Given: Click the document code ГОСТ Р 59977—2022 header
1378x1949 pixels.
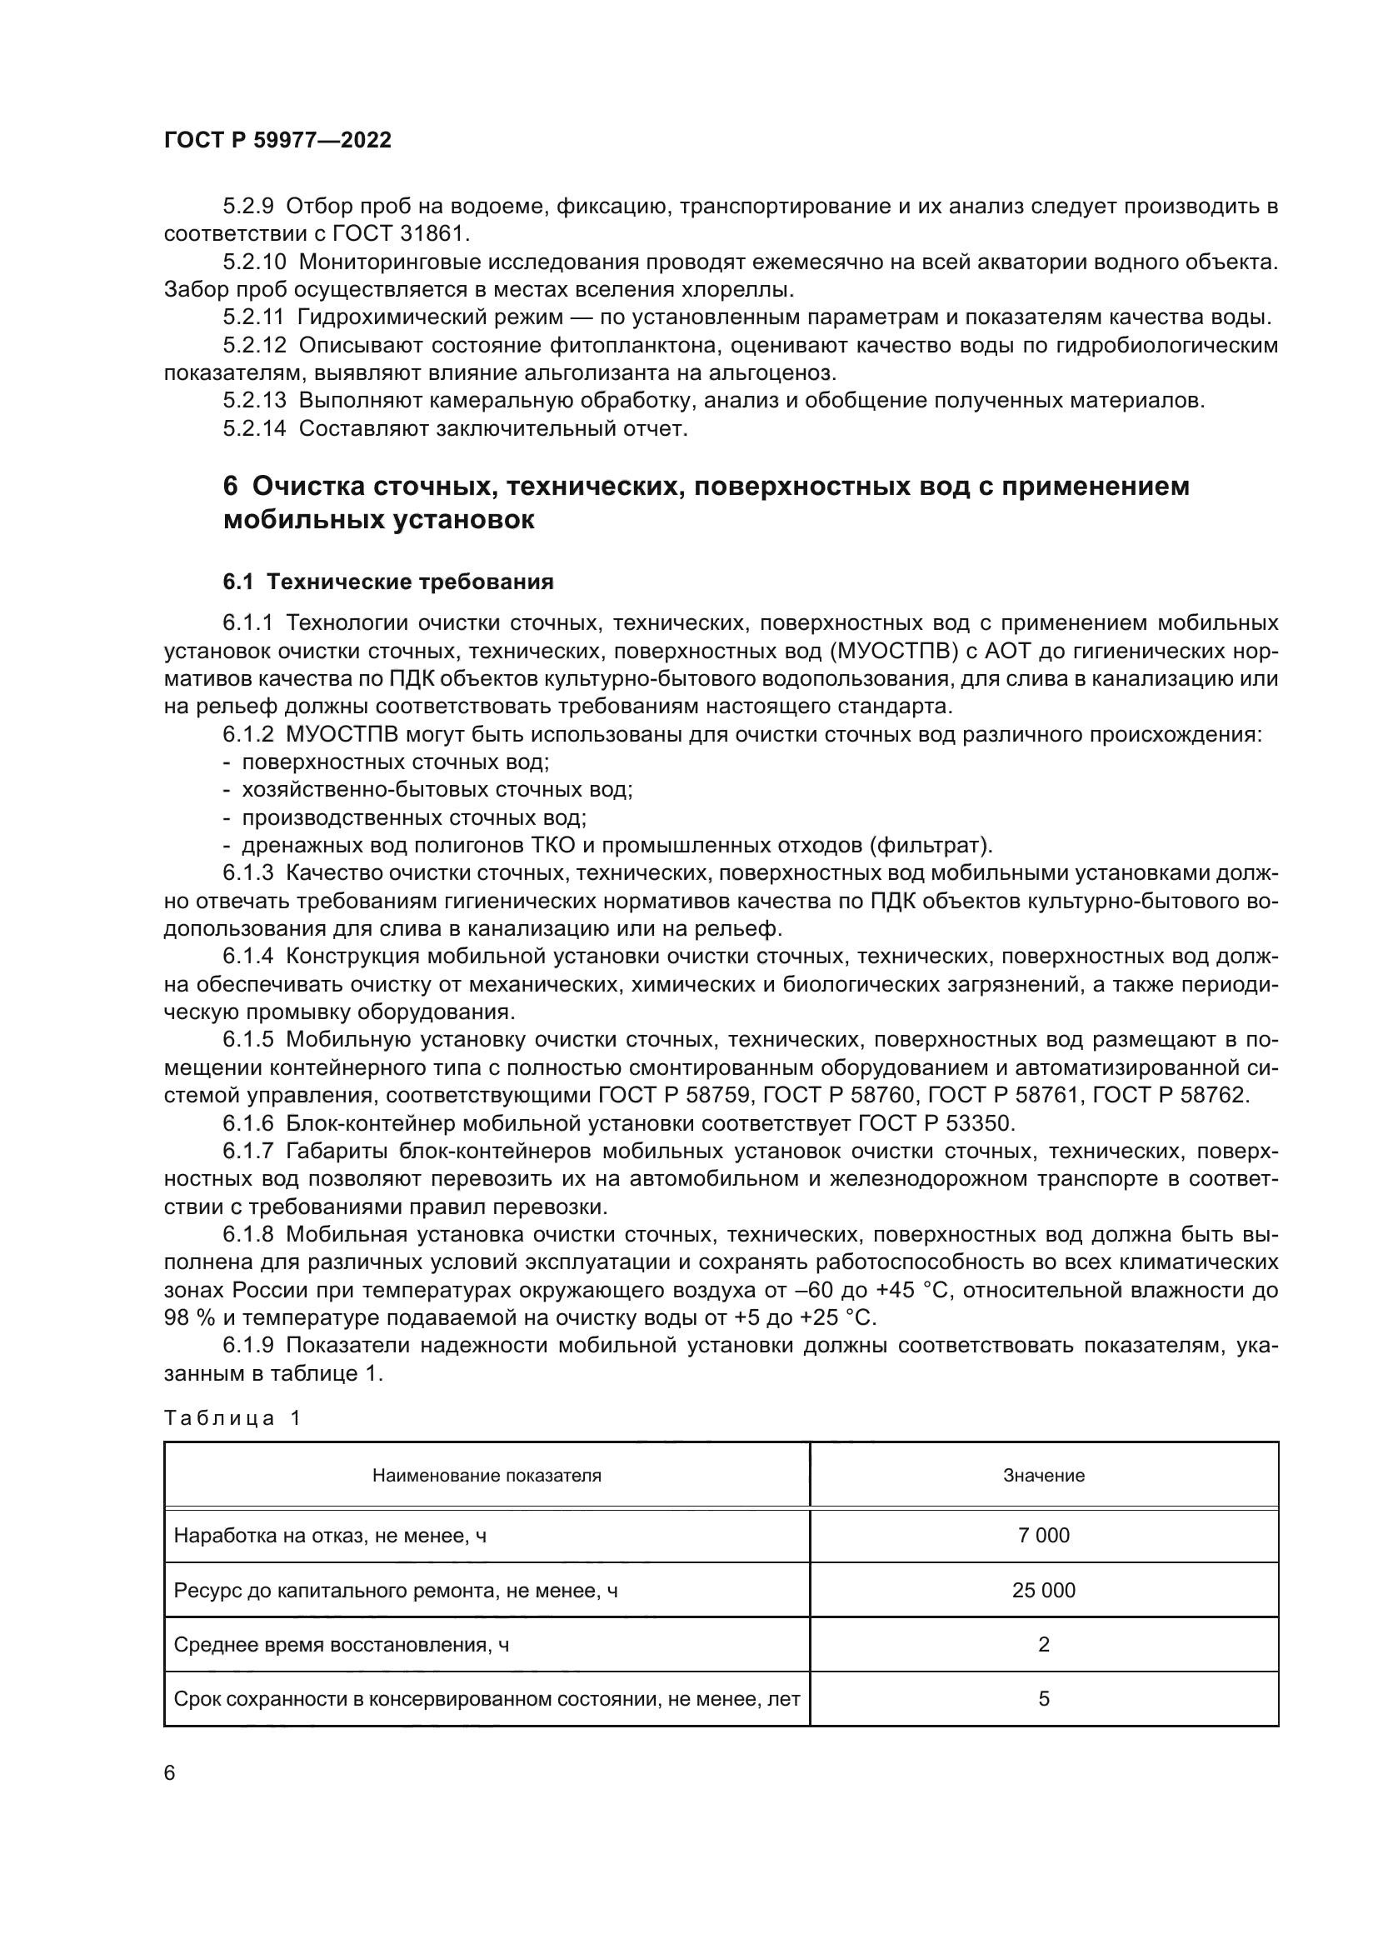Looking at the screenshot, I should pyautogui.click(x=277, y=141).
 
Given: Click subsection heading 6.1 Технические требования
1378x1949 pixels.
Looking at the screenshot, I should pyautogui.click(x=387, y=582).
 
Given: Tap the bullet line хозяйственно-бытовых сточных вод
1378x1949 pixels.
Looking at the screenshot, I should pyautogui.click(x=436, y=790).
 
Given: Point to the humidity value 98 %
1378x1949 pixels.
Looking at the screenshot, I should pyautogui.click(x=187, y=1318).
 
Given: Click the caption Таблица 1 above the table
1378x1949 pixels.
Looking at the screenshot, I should pyautogui.click(x=232, y=1418).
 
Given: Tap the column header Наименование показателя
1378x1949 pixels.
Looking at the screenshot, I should pyautogui.click(x=487, y=1477).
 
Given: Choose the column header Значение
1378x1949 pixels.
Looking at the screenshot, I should pyautogui.click(x=1043, y=1477).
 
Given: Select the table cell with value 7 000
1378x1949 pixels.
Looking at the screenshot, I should pyautogui.click(x=1043, y=1536).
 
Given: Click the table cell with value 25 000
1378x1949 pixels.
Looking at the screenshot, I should pyautogui.click(x=1043, y=1591).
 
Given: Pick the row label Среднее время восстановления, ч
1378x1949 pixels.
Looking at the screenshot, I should pyautogui.click(x=341, y=1645).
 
